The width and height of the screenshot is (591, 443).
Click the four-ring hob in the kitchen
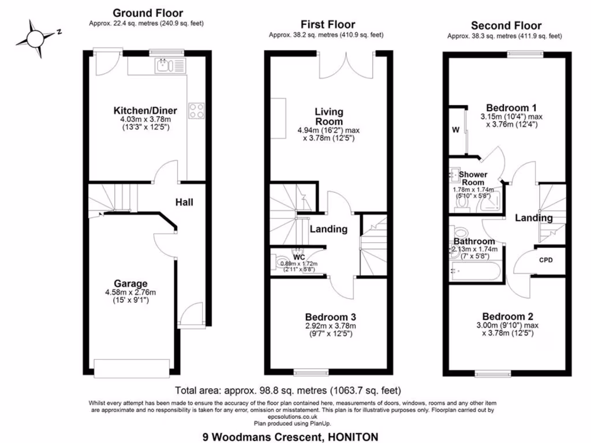(x=197, y=110)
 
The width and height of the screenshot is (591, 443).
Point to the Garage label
(x=130, y=284)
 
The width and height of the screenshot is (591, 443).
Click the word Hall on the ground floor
(x=184, y=202)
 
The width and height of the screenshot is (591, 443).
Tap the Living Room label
(x=329, y=117)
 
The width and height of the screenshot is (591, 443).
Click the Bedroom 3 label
(x=330, y=317)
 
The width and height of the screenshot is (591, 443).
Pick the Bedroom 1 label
(x=511, y=108)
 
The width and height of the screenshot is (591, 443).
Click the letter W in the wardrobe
(x=455, y=129)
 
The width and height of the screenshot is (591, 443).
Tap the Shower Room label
(x=473, y=178)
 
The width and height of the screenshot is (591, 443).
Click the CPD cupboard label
(x=545, y=260)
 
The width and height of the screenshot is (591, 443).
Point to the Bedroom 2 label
(x=508, y=317)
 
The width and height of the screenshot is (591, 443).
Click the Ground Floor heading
(x=148, y=13)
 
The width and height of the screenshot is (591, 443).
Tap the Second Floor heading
(x=506, y=25)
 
